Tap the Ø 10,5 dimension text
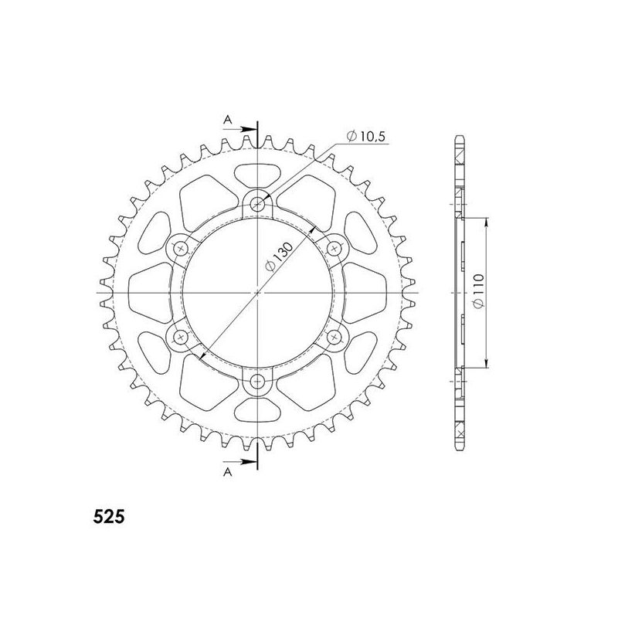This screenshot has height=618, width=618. pos(367,138)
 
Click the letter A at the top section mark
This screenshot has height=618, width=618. pos(228,118)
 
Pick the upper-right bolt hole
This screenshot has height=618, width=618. pos(334,249)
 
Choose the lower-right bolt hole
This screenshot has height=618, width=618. pos(334,338)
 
